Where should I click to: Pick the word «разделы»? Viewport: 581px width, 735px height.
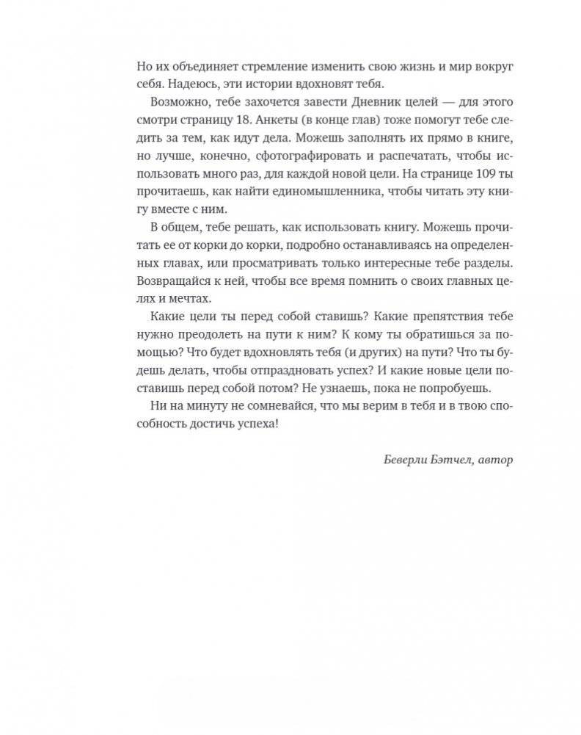click(488, 262)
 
